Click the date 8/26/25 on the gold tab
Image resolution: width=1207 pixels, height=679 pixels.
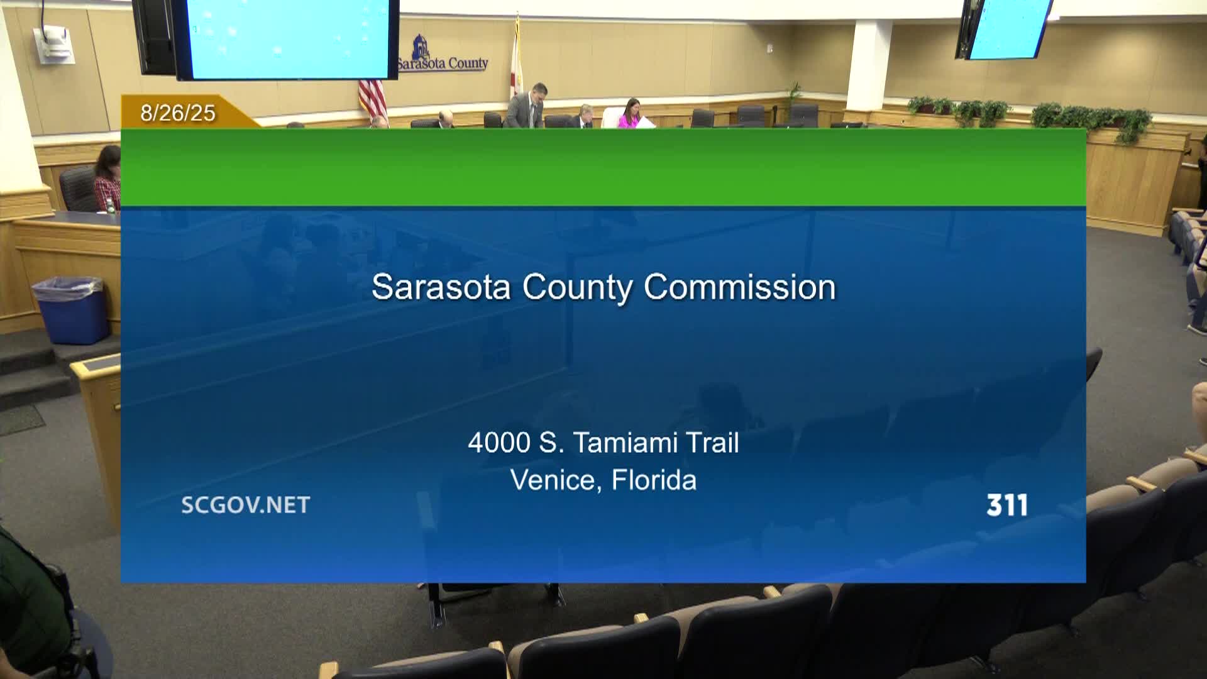click(178, 113)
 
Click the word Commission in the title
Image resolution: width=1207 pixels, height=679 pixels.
click(740, 287)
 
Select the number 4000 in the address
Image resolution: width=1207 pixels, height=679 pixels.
click(499, 443)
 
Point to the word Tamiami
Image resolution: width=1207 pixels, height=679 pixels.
click(625, 443)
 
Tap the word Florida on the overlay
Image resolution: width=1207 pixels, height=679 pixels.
click(654, 480)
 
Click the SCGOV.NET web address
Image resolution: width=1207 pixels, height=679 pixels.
click(246, 505)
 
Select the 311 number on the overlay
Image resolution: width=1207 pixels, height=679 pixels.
click(1007, 505)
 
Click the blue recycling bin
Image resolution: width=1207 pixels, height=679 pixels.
click(72, 310)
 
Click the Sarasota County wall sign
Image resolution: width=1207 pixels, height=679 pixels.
click(443, 55)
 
